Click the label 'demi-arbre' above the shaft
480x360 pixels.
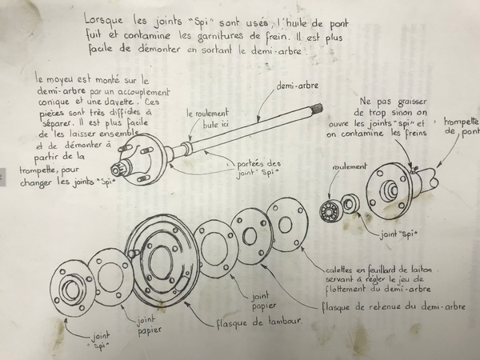pyautogui.click(x=297, y=86)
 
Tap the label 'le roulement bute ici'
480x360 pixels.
pyautogui.click(x=208, y=118)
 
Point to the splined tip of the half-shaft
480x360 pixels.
pyautogui.click(x=318, y=108)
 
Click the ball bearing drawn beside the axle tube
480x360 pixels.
pyautogui.click(x=331, y=210)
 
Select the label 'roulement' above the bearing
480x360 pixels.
pyautogui.click(x=349, y=167)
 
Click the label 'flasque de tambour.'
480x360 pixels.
pyautogui.click(x=259, y=322)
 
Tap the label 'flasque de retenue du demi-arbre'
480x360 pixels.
pyautogui.click(x=394, y=306)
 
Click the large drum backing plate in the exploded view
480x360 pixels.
pyautogui.click(x=162, y=261)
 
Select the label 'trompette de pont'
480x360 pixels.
pyautogui.click(x=462, y=126)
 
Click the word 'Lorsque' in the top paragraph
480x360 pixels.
pyautogui.click(x=104, y=20)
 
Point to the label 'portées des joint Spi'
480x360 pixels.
pyautogui.click(x=259, y=168)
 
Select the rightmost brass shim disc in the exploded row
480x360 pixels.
pyautogui.click(x=287, y=225)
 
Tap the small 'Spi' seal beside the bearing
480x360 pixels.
pyautogui.click(x=350, y=203)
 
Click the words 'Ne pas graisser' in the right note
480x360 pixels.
pyautogui.click(x=394, y=102)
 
